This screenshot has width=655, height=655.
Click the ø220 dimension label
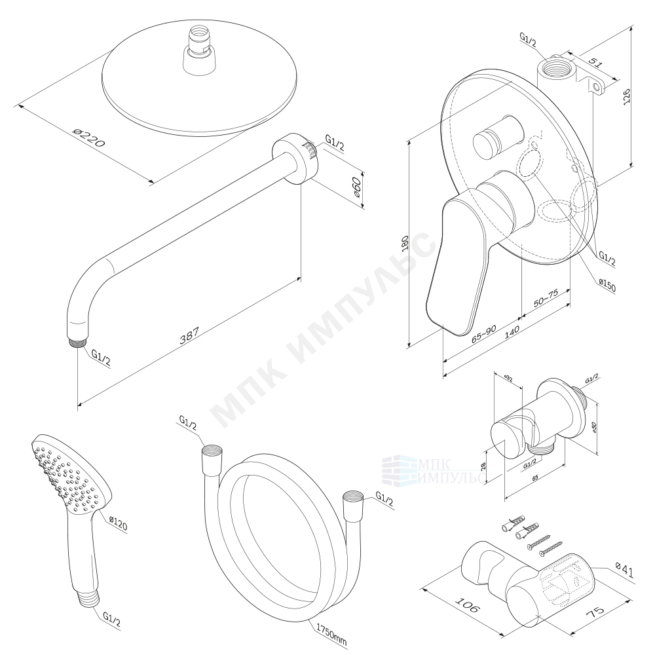coord(88,138)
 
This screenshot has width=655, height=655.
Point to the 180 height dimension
coord(404,243)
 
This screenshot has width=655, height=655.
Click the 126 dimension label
coord(627,97)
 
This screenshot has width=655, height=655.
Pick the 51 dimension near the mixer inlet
coord(595,63)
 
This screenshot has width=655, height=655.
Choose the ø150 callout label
coord(607,286)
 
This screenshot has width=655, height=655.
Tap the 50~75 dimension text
coord(546,298)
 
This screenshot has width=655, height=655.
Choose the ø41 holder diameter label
coord(625,571)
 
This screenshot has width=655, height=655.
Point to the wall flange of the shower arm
coord(296,159)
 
